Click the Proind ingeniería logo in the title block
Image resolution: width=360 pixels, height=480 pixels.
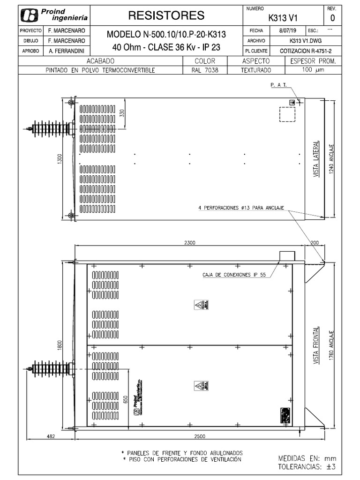click(x=54, y=16)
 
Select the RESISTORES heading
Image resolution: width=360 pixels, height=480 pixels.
click(x=166, y=15)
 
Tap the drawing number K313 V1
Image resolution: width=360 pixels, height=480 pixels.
click(x=283, y=18)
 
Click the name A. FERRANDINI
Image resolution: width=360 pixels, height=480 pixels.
click(x=67, y=51)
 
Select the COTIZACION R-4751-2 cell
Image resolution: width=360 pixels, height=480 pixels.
click(x=305, y=51)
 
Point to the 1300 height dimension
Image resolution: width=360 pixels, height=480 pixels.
click(x=59, y=159)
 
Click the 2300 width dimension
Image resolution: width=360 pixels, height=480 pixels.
click(x=189, y=243)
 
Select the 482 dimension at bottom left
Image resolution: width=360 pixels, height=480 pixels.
click(x=51, y=436)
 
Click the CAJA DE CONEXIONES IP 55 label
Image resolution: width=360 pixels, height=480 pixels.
click(x=234, y=275)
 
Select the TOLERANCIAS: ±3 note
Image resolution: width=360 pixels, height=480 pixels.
click(x=307, y=467)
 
